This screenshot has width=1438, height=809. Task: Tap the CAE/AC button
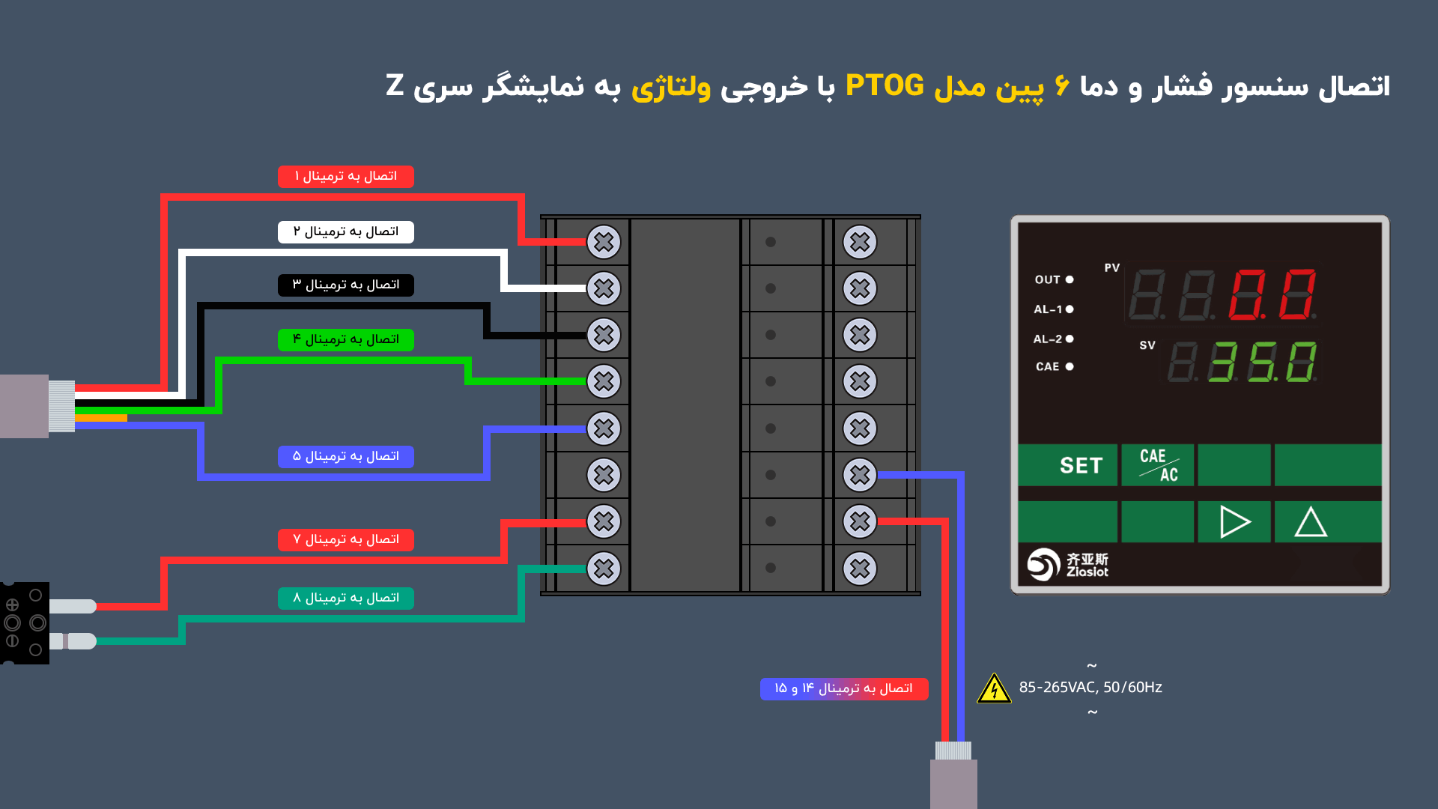(1158, 465)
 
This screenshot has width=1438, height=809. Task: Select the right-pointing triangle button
(1234, 522)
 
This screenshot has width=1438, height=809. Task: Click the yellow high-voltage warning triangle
(994, 688)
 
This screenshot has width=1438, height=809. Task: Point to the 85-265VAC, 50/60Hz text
(1090, 688)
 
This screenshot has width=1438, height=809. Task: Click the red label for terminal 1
(345, 177)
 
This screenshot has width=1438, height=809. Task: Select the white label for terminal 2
(345, 232)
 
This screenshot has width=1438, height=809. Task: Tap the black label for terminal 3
(345, 285)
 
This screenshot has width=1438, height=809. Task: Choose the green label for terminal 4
(345, 340)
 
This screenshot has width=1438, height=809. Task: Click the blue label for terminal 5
(345, 457)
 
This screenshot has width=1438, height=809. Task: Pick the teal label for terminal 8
(345, 599)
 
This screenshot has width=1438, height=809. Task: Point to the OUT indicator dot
(1070, 279)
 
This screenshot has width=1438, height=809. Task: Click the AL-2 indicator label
(1048, 339)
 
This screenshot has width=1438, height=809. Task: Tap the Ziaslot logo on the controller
(1067, 565)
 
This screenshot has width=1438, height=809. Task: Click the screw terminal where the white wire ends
(604, 288)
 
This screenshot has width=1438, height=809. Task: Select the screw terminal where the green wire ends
(604, 381)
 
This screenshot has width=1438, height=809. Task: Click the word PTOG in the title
(885, 86)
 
